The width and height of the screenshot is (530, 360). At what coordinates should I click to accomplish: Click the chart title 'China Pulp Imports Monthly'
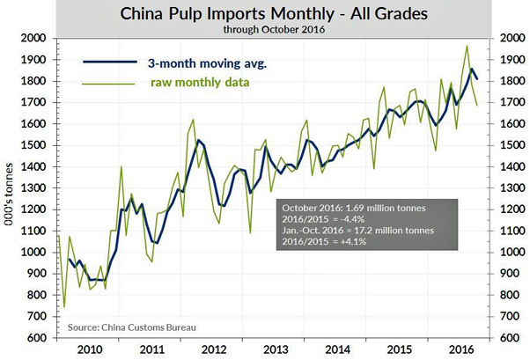tap(264, 14)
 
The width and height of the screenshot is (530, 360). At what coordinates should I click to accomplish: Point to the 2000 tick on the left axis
tap(36, 39)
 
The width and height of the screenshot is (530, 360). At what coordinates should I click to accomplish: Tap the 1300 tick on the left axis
tap(36, 188)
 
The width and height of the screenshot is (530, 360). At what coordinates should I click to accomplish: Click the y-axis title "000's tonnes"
tap(10, 188)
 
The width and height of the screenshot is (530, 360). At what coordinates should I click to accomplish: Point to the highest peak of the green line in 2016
tap(467, 46)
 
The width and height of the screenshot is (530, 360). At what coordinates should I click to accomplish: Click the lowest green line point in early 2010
tap(64, 307)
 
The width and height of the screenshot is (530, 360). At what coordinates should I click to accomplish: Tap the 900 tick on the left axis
tap(38, 274)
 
